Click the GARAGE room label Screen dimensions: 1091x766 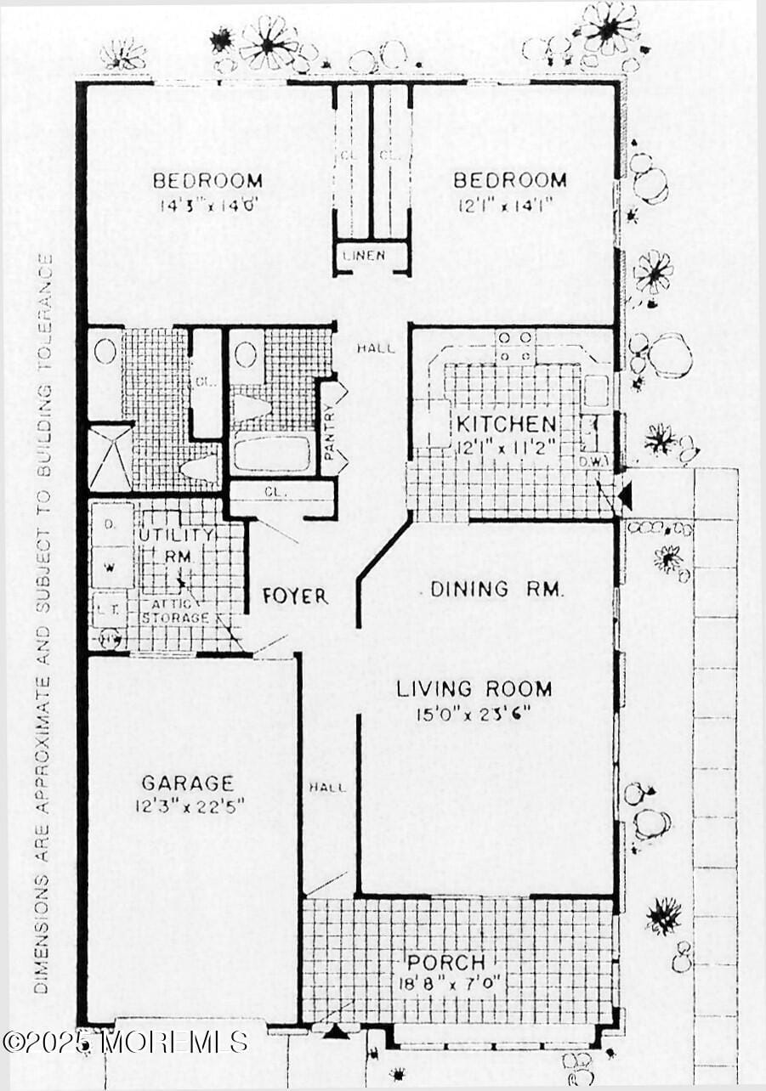[187, 783]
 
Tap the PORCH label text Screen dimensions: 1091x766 [445, 963]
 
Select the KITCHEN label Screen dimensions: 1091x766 [507, 424]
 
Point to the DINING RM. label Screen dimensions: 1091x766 [496, 589]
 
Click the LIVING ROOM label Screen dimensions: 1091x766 [474, 689]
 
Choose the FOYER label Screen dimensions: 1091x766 [295, 596]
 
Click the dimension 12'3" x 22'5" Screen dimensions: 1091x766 [189, 806]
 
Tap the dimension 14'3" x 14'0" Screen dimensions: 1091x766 [207, 204]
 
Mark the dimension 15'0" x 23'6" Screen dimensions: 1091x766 [474, 714]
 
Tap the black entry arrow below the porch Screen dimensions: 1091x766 [337, 1032]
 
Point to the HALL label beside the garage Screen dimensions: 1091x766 [327, 787]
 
